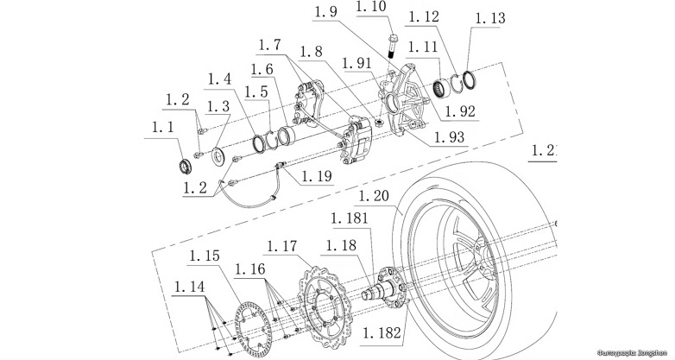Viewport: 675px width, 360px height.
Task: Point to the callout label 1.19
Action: click(x=317, y=175)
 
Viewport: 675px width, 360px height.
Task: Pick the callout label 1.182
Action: click(x=382, y=332)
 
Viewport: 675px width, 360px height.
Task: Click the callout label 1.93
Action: click(x=449, y=138)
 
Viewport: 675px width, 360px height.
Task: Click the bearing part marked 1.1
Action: click(x=183, y=165)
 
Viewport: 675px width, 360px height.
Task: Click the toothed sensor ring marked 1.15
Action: click(x=244, y=320)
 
